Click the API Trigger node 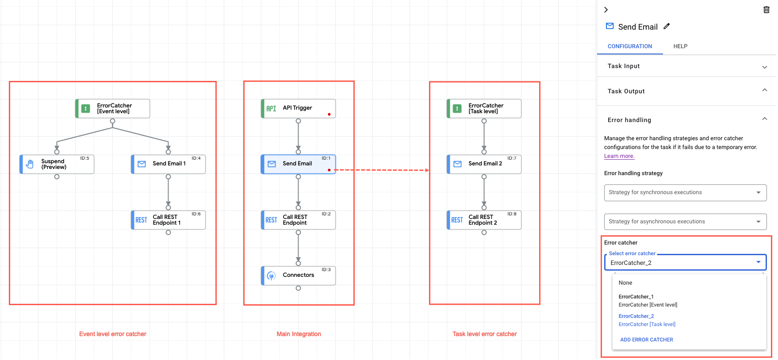pyautogui.click(x=298, y=108)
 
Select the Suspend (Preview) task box pyautogui.click(x=57, y=164)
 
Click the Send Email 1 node pyautogui.click(x=169, y=164)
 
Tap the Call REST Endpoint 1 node pyautogui.click(x=169, y=220)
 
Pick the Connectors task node pyautogui.click(x=298, y=276)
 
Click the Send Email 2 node pyautogui.click(x=484, y=164)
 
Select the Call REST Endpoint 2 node pyautogui.click(x=484, y=220)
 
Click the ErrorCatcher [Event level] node pyautogui.click(x=113, y=108)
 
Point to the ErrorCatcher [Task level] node pyautogui.click(x=484, y=108)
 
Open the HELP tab pyautogui.click(x=680, y=46)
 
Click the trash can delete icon pyautogui.click(x=767, y=10)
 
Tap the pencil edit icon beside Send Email pyautogui.click(x=667, y=27)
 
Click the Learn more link pyautogui.click(x=619, y=156)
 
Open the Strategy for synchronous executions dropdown pyautogui.click(x=685, y=192)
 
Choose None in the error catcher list pyautogui.click(x=625, y=283)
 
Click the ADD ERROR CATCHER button pyautogui.click(x=647, y=340)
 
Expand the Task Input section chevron pyautogui.click(x=764, y=67)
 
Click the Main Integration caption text pyautogui.click(x=299, y=334)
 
